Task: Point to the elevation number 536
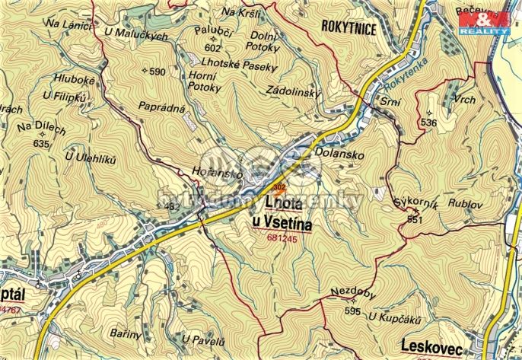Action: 428,123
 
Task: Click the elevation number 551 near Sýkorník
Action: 414,219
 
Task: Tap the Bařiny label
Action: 126,335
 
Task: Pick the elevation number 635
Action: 40,143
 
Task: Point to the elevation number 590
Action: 157,72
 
